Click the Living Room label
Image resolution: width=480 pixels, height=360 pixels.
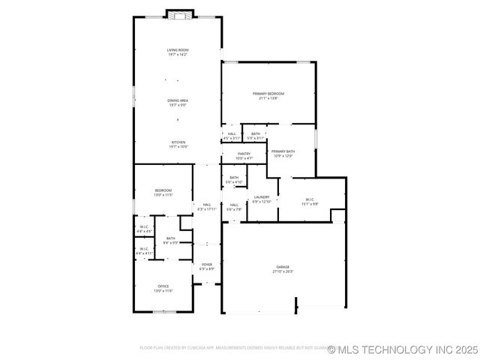pyautogui.click(x=178, y=50)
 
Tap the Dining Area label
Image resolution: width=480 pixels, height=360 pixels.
pyautogui.click(x=178, y=100)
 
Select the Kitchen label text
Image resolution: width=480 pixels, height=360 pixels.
pyautogui.click(x=178, y=142)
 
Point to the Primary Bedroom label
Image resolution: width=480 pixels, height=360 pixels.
pyautogui.click(x=268, y=94)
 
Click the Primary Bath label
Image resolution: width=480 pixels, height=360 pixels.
pyautogui.click(x=283, y=151)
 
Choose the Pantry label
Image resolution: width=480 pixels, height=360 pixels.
pyautogui.click(x=244, y=154)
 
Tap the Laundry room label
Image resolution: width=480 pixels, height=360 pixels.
pyautogui.click(x=261, y=197)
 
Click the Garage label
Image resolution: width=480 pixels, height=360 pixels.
pyautogui.click(x=283, y=267)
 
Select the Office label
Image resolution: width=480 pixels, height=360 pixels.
pyautogui.click(x=163, y=286)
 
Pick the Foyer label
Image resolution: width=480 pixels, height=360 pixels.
pyautogui.click(x=206, y=264)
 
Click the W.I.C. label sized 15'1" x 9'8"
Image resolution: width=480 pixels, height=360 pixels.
pyautogui.click(x=310, y=199)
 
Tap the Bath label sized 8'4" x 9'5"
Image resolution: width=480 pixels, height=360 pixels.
pyautogui.click(x=171, y=238)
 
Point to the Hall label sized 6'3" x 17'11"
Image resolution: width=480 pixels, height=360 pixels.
pyautogui.click(x=206, y=205)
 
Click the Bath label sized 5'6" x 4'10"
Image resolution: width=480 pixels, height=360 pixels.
pyautogui.click(x=235, y=178)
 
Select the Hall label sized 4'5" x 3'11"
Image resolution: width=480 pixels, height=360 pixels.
pyautogui.click(x=232, y=134)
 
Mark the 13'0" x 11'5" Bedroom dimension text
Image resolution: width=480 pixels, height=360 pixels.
pyautogui.click(x=163, y=195)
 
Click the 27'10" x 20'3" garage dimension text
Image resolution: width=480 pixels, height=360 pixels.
pyautogui.click(x=283, y=271)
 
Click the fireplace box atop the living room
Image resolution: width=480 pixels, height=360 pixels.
pyautogui.click(x=178, y=14)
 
